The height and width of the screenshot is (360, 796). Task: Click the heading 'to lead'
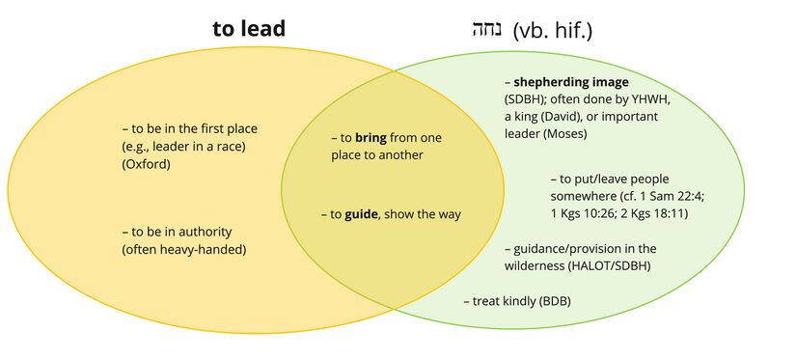tap(249, 29)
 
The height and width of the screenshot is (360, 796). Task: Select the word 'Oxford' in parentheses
tap(146, 164)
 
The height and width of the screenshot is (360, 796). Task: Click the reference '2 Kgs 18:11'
tap(665, 213)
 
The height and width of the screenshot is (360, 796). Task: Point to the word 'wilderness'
tap(536, 265)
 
